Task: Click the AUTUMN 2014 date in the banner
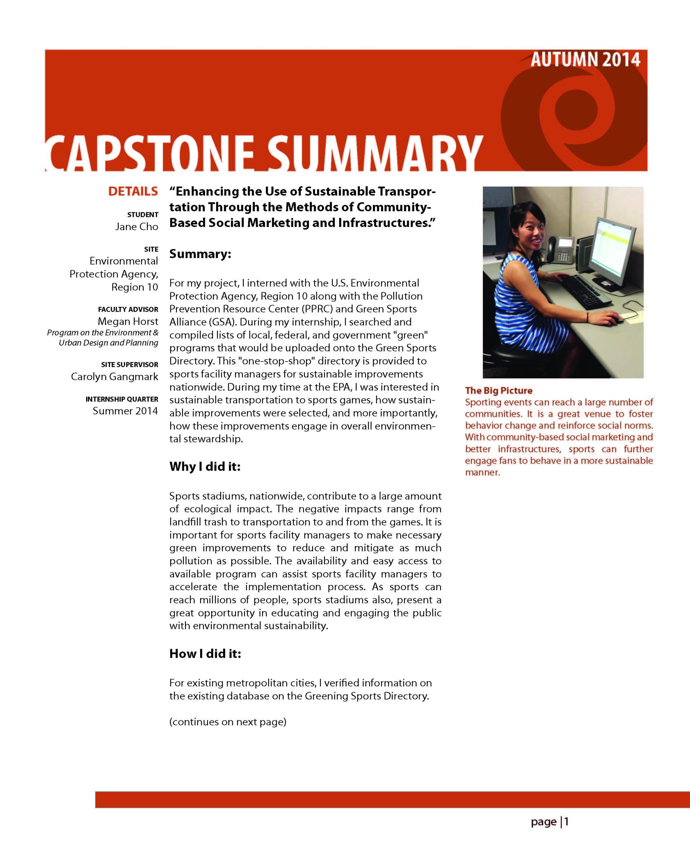pyautogui.click(x=585, y=60)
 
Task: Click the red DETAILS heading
pyautogui.click(x=133, y=191)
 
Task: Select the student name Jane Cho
pyautogui.click(x=136, y=227)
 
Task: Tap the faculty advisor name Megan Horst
pyautogui.click(x=128, y=321)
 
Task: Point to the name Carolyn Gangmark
pyautogui.click(x=115, y=376)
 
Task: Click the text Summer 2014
pyautogui.click(x=125, y=411)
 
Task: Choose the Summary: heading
pyautogui.click(x=200, y=254)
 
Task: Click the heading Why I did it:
pyautogui.click(x=205, y=466)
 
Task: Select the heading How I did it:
pyautogui.click(x=205, y=653)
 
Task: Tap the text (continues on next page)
pyautogui.click(x=228, y=722)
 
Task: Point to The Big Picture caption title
pyautogui.click(x=498, y=391)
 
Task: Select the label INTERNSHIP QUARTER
pyautogui.click(x=122, y=399)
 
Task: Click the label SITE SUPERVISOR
pyautogui.click(x=129, y=365)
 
